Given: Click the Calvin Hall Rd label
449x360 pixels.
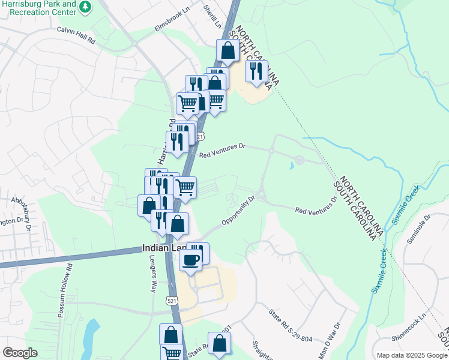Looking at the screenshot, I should (x=76, y=35).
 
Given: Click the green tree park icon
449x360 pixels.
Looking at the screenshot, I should (x=86, y=7).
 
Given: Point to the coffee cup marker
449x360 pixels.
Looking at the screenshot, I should (x=191, y=260).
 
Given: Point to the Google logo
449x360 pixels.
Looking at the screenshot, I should (x=20, y=353).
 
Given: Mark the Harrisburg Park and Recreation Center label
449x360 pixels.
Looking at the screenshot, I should (x=40, y=8).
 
